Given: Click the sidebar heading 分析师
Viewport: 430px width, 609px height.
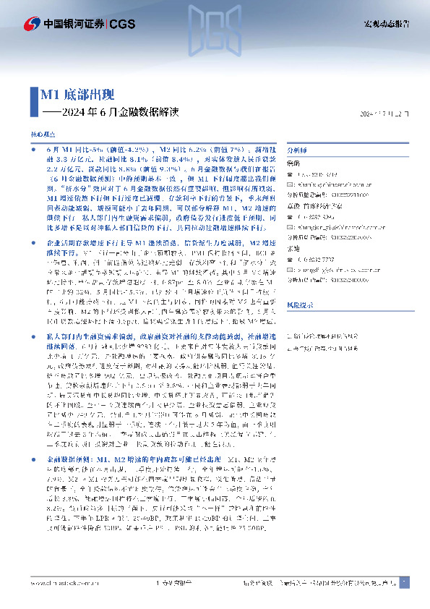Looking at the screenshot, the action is point(298,148).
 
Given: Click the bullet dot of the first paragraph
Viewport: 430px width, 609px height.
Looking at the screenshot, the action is point(35,148).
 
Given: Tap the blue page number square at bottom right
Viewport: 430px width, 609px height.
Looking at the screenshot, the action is point(405,582).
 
